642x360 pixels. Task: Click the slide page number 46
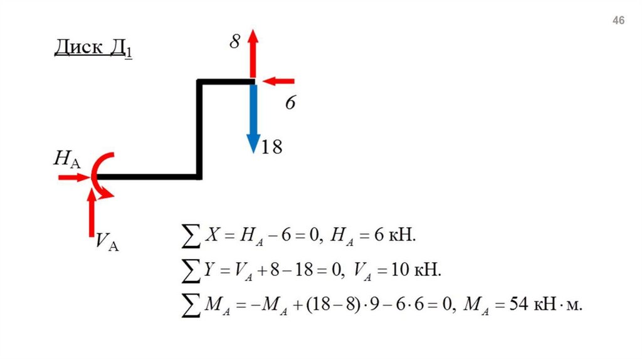[x=618, y=21]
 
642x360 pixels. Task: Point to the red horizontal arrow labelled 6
[x=279, y=81]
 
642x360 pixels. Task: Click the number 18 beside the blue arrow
[x=272, y=147]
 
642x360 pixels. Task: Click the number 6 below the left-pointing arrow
[x=290, y=103]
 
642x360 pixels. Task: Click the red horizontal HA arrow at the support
[x=75, y=178]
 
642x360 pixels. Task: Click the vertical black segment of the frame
[x=199, y=129]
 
